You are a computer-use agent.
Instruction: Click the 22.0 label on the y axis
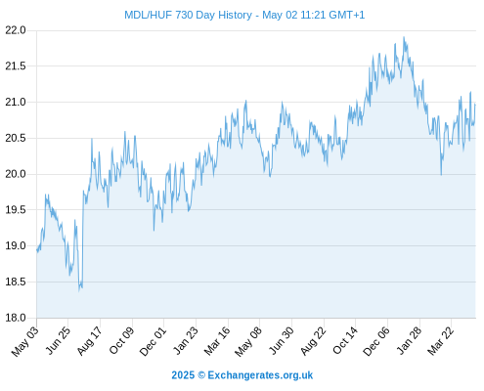[x=16, y=30]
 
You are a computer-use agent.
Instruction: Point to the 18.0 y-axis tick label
[x=16, y=318]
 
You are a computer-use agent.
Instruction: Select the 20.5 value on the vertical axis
[x=16, y=138]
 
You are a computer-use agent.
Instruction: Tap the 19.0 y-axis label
[x=16, y=245]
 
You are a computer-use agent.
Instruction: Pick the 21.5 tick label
[x=16, y=66]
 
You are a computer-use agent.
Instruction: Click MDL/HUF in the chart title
[x=149, y=15]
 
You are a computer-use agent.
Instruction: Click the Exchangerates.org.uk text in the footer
[x=260, y=375]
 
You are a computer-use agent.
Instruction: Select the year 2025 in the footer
[x=183, y=375]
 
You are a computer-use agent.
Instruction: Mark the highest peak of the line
[x=404, y=37]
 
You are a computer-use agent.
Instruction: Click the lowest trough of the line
[x=79, y=291]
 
